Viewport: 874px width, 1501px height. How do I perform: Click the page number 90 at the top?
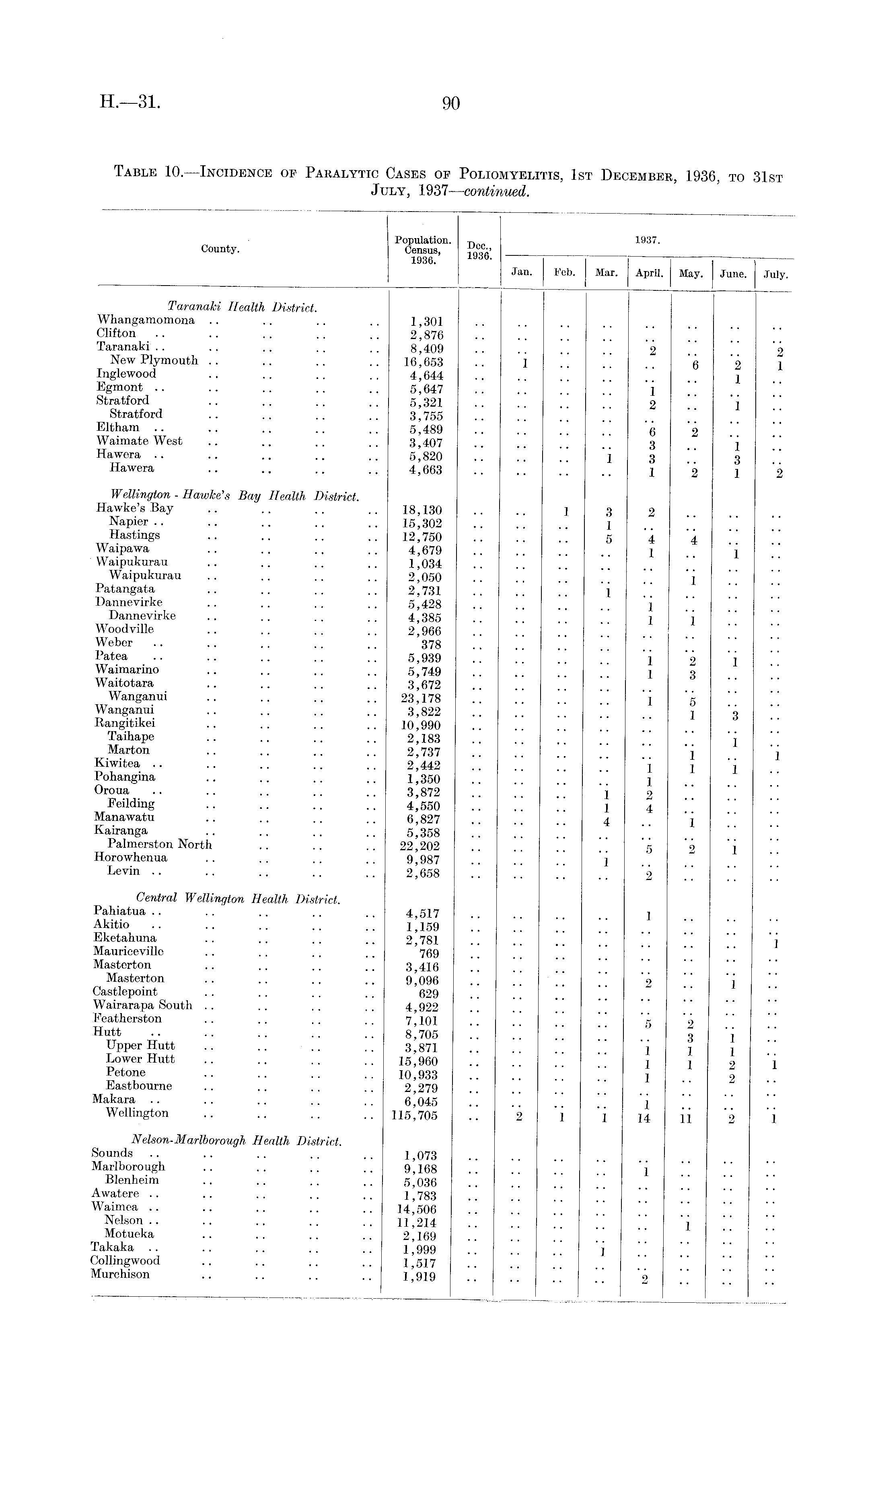point(451,104)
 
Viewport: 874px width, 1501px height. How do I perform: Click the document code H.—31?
point(130,103)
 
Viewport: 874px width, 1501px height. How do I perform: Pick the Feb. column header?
point(564,273)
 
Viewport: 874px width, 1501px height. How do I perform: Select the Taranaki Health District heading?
point(242,307)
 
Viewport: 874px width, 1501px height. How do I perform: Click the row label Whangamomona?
point(146,321)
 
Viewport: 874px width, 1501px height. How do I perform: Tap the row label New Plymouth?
point(154,360)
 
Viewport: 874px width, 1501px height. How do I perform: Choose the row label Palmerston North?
point(160,844)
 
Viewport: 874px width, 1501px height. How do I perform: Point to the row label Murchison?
point(120,1274)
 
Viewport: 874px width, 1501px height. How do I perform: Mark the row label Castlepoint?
point(125,992)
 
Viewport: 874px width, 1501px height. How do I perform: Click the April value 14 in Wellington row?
point(643,1119)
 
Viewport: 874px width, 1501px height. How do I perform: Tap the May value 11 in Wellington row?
point(686,1119)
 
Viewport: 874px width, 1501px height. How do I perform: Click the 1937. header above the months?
point(646,240)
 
